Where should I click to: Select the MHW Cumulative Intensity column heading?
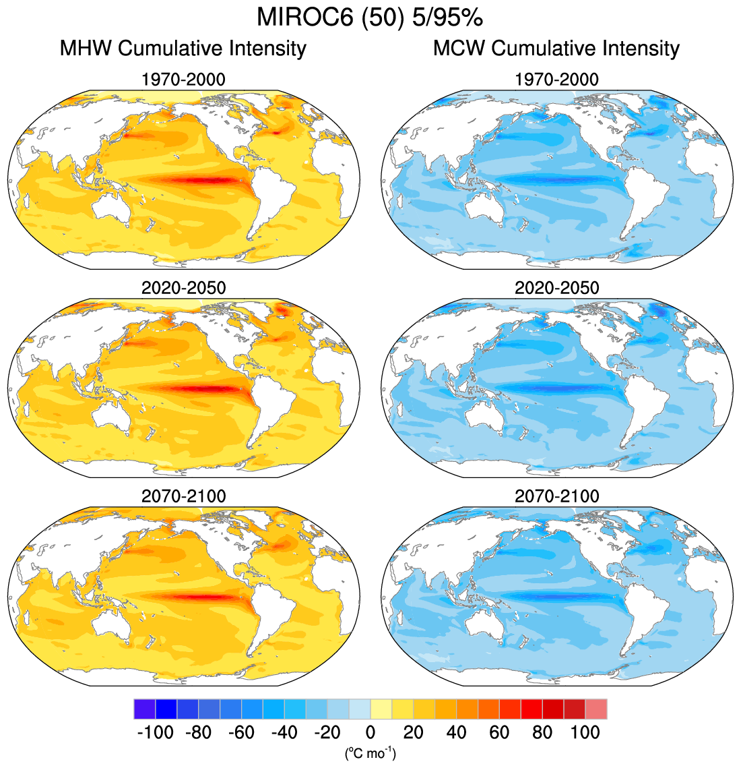click(183, 49)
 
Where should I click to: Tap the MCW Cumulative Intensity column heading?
click(556, 49)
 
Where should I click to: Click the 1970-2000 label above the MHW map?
click(183, 80)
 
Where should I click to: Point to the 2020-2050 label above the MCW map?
click(556, 288)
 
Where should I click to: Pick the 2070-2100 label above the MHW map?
click(183, 496)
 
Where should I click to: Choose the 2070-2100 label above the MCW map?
click(556, 496)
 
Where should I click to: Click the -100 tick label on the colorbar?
click(155, 732)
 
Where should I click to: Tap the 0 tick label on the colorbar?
click(370, 732)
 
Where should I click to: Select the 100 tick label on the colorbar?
click(585, 732)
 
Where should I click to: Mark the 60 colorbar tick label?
click(499, 732)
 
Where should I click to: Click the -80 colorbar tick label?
click(198, 732)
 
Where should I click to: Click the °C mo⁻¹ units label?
click(370, 752)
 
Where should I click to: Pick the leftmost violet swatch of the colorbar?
click(144, 709)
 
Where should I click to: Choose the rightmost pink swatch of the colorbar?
click(596, 709)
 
